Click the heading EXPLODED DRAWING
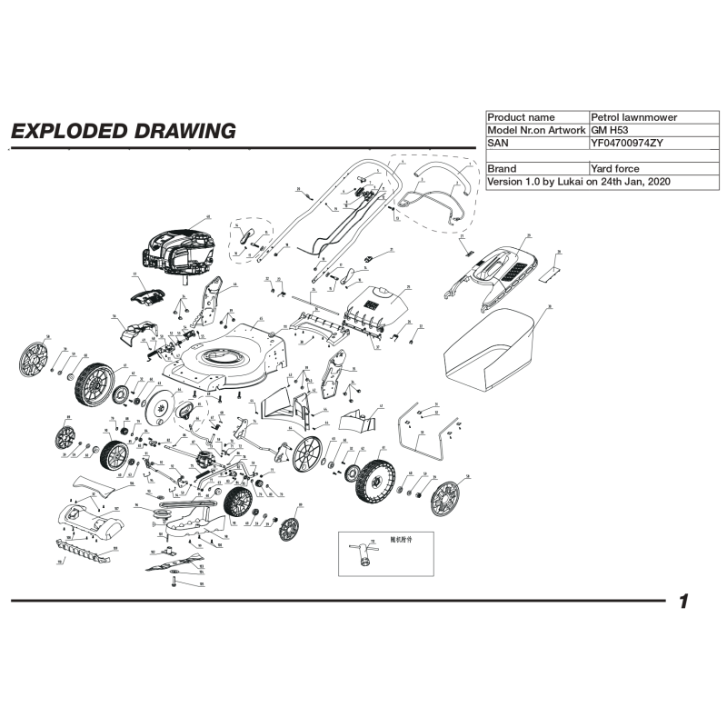[123, 131]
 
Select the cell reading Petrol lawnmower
[633, 117]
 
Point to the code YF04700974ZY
[627, 143]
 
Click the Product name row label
[521, 117]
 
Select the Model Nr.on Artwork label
[536, 130]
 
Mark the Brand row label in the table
[502, 169]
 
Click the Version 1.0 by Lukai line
[579, 182]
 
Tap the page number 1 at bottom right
[683, 603]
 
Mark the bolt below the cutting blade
[173, 582]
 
